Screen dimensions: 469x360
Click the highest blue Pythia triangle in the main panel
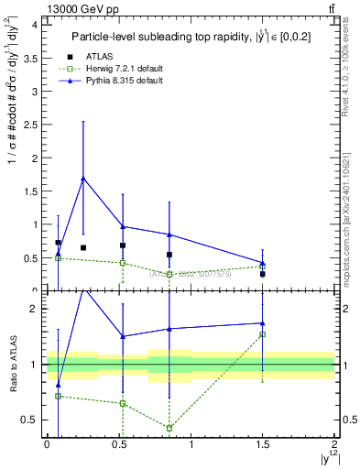click(x=83, y=179)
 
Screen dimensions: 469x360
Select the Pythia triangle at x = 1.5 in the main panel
click(x=262, y=262)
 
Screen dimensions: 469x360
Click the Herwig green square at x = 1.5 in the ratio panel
click(x=262, y=334)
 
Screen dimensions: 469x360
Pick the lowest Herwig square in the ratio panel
click(x=169, y=428)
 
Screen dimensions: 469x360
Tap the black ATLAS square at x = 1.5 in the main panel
click(x=262, y=274)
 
